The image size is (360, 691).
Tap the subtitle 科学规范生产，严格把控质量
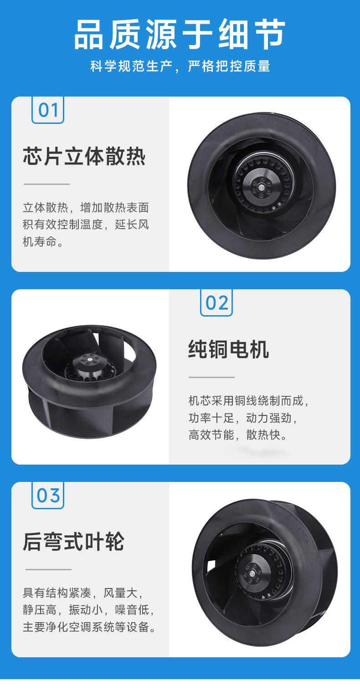(x=180, y=67)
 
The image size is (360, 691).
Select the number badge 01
(x=48, y=110)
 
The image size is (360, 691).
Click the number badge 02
(x=216, y=302)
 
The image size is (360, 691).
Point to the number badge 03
(x=48, y=495)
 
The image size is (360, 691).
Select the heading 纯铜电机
(x=228, y=349)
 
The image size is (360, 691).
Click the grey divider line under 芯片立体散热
(x=46, y=184)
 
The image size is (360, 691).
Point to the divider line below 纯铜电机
(x=211, y=377)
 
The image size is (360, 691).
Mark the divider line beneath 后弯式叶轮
(x=48, y=569)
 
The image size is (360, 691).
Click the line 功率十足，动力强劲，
(x=243, y=418)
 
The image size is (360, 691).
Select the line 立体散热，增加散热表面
(x=86, y=208)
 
